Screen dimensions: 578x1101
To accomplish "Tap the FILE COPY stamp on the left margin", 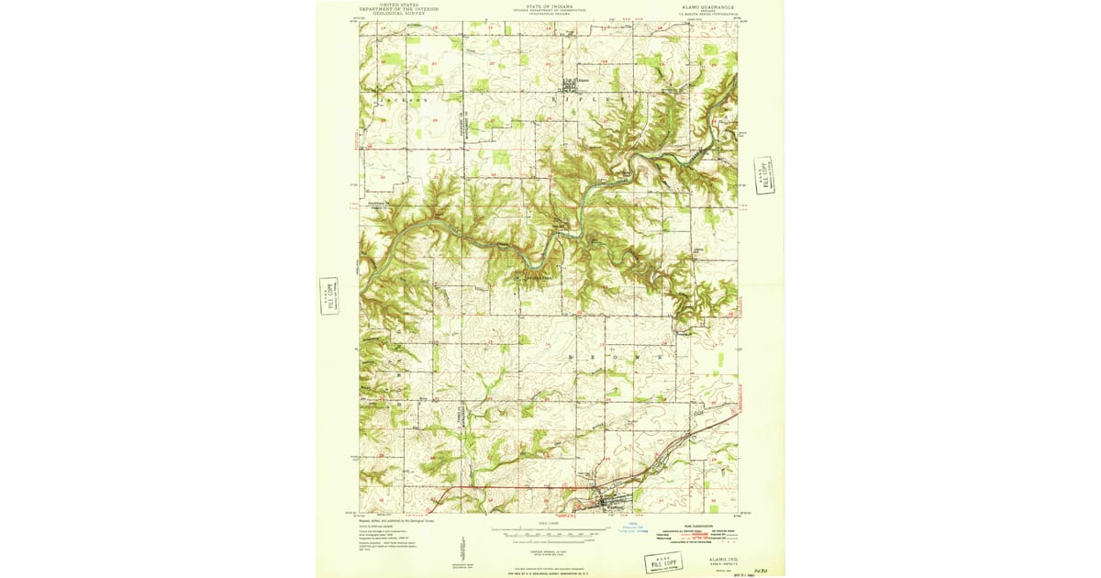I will pos(328,295).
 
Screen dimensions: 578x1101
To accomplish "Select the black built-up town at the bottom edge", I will pos(606,501).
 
